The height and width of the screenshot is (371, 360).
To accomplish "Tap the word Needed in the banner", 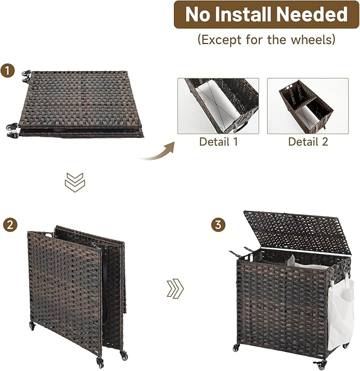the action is (312, 14).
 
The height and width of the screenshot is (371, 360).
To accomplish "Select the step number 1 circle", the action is (7, 70).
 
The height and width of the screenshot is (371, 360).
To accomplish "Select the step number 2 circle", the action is (10, 225).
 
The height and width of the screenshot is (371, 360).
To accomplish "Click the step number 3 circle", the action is (218, 225).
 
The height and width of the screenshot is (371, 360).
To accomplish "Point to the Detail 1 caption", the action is (218, 142).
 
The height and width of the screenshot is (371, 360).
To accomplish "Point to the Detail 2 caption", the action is (308, 142).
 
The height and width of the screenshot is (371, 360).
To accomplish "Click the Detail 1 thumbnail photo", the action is (218, 106).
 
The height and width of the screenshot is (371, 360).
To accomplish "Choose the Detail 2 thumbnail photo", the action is (308, 106).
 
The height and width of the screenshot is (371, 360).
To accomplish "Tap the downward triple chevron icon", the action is (75, 182).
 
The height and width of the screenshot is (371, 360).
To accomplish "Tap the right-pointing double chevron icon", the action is (175, 288).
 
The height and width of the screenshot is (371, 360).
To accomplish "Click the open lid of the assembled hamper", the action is (297, 232).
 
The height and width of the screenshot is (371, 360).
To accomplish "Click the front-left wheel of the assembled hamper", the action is (236, 348).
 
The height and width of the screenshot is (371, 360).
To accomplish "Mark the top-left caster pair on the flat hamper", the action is (27, 76).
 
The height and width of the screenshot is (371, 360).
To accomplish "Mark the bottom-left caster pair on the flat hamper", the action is (12, 130).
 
